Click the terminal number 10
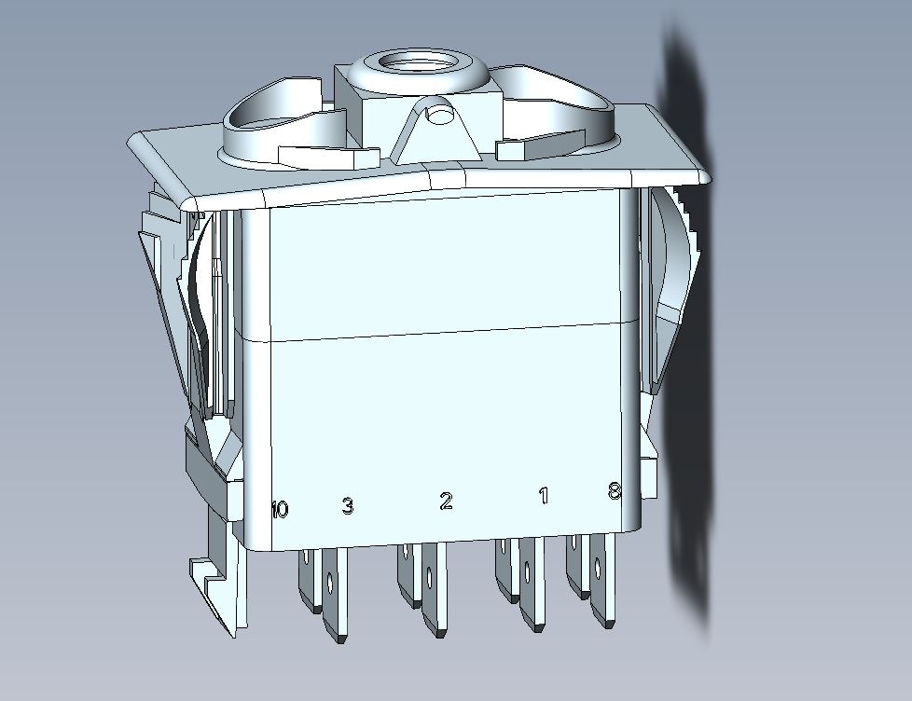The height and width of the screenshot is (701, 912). [280, 510]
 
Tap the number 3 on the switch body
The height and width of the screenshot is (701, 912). [347, 505]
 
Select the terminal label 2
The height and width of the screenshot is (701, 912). [446, 501]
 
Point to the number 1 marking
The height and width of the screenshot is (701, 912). [544, 496]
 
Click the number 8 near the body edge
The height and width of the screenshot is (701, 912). [615, 492]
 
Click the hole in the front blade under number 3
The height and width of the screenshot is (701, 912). [330, 582]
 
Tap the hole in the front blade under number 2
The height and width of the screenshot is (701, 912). [429, 578]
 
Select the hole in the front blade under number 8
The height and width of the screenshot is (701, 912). [598, 567]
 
